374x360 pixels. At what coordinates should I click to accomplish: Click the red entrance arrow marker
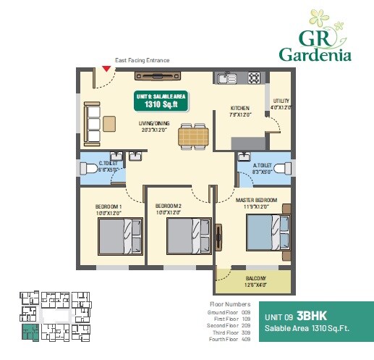pyautogui.click(x=106, y=69)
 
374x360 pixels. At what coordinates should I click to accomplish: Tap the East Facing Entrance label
pyautogui.click(x=142, y=60)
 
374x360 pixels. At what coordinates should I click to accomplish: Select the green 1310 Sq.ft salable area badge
pyautogui.click(x=161, y=101)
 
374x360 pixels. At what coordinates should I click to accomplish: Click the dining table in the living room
pyautogui.click(x=193, y=135)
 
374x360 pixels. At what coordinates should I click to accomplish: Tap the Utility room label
pyautogui.click(x=281, y=102)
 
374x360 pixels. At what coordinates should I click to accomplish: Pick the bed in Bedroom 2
pyautogui.click(x=186, y=236)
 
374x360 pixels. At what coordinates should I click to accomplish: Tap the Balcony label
pyautogui.click(x=255, y=278)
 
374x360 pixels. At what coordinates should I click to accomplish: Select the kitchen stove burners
pyautogui.click(x=254, y=76)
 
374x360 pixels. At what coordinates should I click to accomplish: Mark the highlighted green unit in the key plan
pyautogui.click(x=29, y=333)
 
